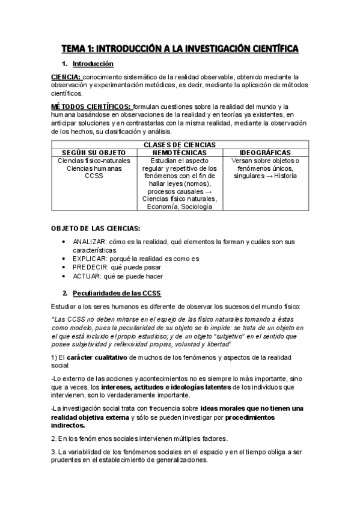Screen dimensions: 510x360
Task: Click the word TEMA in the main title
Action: (x=78, y=48)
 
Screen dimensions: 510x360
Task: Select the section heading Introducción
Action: (x=93, y=63)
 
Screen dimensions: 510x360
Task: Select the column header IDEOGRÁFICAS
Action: (x=265, y=153)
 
